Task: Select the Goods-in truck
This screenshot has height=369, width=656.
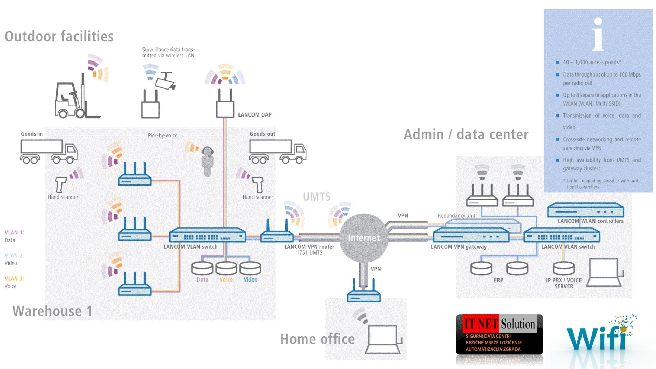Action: (x=49, y=151)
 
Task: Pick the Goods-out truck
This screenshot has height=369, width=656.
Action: (x=278, y=151)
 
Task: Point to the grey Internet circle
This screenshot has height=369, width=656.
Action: (x=364, y=238)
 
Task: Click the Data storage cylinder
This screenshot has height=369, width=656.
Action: (x=202, y=269)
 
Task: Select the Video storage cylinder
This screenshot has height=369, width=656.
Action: (x=250, y=269)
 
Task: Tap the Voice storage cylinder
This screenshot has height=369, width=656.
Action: (x=226, y=269)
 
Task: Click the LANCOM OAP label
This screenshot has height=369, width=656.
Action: (x=255, y=115)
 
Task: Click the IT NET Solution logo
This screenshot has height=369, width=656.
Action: (x=499, y=334)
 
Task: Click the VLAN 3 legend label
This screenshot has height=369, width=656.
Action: (x=14, y=278)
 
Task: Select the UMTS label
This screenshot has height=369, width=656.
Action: (x=317, y=197)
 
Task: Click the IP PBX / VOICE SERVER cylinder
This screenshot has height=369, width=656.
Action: (x=564, y=268)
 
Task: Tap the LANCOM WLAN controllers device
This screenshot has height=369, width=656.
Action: (x=586, y=210)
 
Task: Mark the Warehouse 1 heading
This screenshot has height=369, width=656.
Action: (x=52, y=311)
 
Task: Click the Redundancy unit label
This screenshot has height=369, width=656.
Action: (x=456, y=216)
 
